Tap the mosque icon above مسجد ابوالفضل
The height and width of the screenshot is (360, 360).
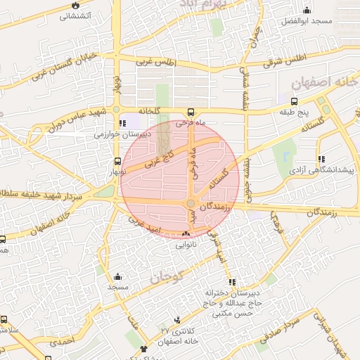(307, 10)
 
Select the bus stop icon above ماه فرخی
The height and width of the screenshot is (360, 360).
(191, 112)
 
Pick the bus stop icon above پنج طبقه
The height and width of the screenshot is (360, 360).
(293, 101)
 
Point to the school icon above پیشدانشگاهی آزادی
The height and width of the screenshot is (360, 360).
(321, 159)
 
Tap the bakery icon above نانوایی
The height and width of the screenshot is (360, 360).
(186, 234)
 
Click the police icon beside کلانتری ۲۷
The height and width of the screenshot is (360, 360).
(176, 320)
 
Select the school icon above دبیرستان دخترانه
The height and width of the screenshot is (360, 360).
(232, 281)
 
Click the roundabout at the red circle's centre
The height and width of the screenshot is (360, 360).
(191, 204)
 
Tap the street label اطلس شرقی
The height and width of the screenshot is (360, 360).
(285, 60)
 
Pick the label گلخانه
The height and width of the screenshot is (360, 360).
(150, 110)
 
